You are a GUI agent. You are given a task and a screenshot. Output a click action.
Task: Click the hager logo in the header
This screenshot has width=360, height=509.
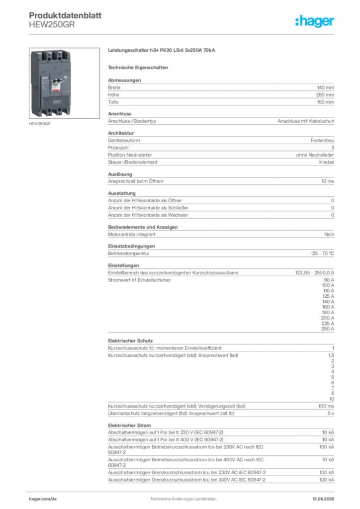(314, 21)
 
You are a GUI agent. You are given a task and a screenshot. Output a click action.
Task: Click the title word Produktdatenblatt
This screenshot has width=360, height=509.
(65, 15)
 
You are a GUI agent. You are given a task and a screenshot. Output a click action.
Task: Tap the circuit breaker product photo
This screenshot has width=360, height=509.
(64, 83)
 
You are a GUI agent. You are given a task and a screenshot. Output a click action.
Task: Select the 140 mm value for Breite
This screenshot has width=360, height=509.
(325, 87)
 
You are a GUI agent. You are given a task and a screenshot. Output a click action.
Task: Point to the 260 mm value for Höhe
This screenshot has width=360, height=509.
(325, 95)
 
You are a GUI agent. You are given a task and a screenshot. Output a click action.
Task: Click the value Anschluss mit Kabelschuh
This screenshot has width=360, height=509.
(306, 121)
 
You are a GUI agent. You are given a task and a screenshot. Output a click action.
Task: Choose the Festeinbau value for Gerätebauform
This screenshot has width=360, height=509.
(322, 140)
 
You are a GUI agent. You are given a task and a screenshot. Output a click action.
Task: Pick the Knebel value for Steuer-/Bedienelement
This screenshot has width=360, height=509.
(327, 162)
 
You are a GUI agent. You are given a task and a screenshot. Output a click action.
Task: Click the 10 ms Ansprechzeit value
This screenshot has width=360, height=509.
(328, 181)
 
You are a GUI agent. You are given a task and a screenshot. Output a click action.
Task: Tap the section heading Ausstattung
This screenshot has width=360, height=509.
(122, 193)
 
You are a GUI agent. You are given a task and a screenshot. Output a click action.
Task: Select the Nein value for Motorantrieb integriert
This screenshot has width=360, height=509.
(329, 235)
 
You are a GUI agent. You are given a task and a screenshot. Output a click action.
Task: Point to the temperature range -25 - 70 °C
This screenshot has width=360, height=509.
(322, 254)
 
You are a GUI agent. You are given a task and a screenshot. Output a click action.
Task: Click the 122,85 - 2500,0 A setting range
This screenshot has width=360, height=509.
(315, 273)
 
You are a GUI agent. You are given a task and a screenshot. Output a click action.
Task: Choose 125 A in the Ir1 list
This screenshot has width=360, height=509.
(328, 296)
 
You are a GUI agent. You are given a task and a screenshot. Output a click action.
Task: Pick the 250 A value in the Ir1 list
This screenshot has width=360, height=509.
(328, 329)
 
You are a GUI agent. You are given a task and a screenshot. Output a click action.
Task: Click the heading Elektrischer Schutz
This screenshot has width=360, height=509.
(130, 341)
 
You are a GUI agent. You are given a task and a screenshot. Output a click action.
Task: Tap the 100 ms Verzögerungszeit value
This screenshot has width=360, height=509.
(326, 406)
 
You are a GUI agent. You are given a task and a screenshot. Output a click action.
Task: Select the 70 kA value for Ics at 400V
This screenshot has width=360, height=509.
(328, 460)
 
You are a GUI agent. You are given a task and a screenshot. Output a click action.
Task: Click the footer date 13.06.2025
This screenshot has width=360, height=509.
(323, 499)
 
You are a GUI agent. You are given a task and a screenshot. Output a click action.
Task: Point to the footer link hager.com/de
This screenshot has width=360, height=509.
(43, 499)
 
